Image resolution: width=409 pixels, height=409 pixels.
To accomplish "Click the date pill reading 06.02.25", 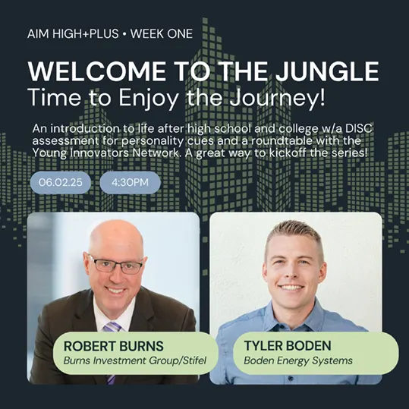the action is pos(61,182).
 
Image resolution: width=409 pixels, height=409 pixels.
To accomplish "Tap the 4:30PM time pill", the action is pos(131,182).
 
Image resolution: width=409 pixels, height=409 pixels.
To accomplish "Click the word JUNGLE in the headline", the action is pos(327,71).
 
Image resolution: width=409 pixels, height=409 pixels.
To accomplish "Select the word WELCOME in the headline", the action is pos(97,71).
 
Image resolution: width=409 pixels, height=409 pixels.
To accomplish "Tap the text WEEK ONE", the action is pos(162,33).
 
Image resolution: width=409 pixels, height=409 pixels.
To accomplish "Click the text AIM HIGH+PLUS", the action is pos(73,33).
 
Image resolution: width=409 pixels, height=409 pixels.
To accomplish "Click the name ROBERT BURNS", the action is pos(114,346).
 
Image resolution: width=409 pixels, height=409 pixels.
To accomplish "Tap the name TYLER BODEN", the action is pos(288,345).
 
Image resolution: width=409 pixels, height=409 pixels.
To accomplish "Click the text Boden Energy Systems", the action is pos(298,360).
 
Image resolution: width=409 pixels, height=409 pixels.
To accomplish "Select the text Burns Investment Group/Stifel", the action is pos(135,360).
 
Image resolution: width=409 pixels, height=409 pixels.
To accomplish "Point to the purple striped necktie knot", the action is pos(112,326).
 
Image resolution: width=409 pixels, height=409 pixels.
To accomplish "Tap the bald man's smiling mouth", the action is pos(116,290).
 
